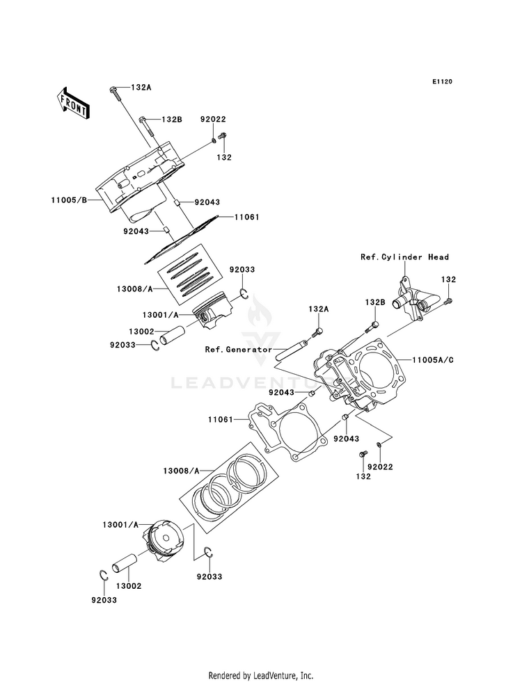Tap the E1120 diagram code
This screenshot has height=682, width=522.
click(443, 81)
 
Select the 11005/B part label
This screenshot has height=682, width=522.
click(69, 200)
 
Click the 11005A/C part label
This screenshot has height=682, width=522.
click(433, 360)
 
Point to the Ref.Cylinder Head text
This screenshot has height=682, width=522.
click(404, 257)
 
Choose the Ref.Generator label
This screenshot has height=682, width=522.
click(239, 349)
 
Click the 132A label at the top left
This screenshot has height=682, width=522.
click(141, 88)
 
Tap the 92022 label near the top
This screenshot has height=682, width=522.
click(213, 119)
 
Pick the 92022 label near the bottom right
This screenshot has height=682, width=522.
click(380, 467)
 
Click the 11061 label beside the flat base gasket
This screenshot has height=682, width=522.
click(221, 420)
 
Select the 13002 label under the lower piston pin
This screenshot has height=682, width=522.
click(129, 586)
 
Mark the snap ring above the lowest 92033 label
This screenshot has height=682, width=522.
click(103, 575)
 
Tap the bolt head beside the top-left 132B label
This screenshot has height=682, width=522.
click(141, 119)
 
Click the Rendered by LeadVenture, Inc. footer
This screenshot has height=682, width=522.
click(261, 676)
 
